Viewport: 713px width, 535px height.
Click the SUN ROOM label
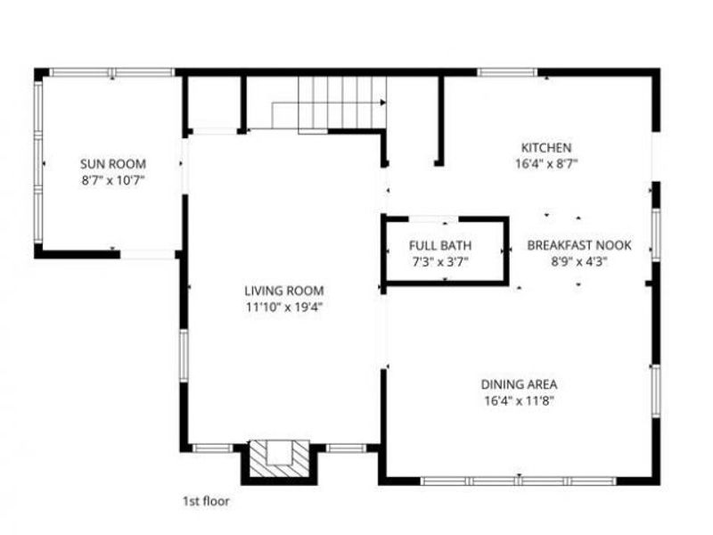pos(113,164)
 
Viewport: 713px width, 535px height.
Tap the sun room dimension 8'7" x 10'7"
pos(113,179)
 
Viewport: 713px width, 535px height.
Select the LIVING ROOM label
pos(284,291)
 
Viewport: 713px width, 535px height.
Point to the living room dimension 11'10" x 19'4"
pos(284,307)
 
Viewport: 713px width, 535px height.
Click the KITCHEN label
pos(546,148)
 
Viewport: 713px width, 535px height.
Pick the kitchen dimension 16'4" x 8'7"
pos(546,163)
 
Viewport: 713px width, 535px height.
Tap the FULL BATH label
pos(440,246)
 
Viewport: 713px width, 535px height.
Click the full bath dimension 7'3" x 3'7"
pos(440,261)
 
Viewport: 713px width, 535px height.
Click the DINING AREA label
pos(520,384)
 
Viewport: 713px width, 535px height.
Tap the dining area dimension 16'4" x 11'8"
pos(520,400)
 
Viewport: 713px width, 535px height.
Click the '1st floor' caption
pos(204,501)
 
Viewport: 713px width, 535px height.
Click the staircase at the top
pos(340,103)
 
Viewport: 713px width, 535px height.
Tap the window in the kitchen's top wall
pos(507,72)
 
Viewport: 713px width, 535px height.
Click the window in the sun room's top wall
pos(111,72)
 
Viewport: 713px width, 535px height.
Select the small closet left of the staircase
pos(214,103)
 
